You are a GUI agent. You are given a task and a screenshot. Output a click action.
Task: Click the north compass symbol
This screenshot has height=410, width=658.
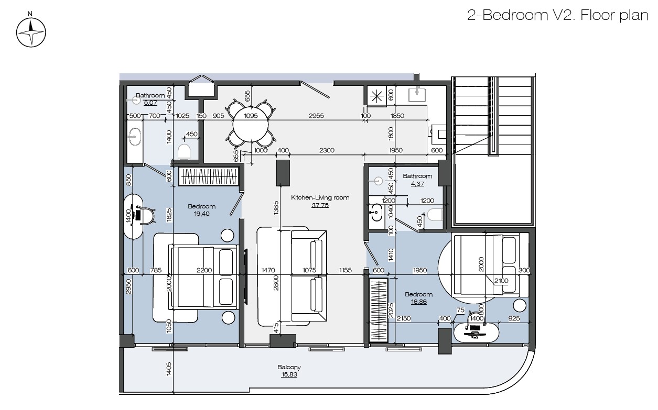pyautogui.click(x=31, y=30)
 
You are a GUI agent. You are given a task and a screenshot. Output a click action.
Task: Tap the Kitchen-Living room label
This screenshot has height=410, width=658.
pyautogui.click(x=320, y=197)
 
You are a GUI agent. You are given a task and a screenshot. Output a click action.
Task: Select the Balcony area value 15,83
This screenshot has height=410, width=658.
pyautogui.click(x=289, y=374)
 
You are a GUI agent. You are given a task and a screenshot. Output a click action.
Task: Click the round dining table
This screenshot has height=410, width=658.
pyautogui.click(x=251, y=124)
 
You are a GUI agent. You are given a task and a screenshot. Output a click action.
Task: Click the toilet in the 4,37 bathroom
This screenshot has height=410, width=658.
pyautogui.click(x=435, y=214)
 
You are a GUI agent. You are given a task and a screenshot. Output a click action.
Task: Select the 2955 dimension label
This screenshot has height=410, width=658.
pyautogui.click(x=316, y=116)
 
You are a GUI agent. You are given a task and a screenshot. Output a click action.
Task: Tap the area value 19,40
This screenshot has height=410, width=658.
pyautogui.click(x=201, y=214)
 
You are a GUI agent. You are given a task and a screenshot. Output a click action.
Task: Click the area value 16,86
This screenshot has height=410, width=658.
pyautogui.click(x=418, y=302)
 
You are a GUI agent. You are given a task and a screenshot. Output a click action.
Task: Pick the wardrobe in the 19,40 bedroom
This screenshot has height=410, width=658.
pyautogui.click(x=209, y=176)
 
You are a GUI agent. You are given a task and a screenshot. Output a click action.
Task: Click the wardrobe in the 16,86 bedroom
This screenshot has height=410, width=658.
pyautogui.click(x=379, y=311)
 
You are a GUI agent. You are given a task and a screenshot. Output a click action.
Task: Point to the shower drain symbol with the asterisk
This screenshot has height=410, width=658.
pyautogui.click(x=376, y=96)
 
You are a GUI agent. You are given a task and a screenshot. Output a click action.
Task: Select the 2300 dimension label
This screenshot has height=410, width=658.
pyautogui.click(x=327, y=150)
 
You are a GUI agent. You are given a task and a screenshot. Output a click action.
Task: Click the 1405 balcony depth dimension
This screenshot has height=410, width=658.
pyautogui.click(x=169, y=369)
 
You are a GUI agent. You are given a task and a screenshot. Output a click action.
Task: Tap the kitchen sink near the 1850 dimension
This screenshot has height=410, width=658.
pyautogui.click(x=417, y=94)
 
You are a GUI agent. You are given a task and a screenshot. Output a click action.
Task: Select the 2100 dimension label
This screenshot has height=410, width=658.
pyautogui.click(x=501, y=281)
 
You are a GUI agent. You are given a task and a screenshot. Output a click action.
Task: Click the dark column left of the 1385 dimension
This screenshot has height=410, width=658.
pyautogui.click(x=283, y=173)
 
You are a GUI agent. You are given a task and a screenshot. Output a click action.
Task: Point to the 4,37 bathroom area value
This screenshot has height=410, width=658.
pyautogui.click(x=417, y=184)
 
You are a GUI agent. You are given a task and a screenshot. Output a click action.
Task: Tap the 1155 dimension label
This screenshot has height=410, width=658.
pyautogui.click(x=345, y=270)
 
